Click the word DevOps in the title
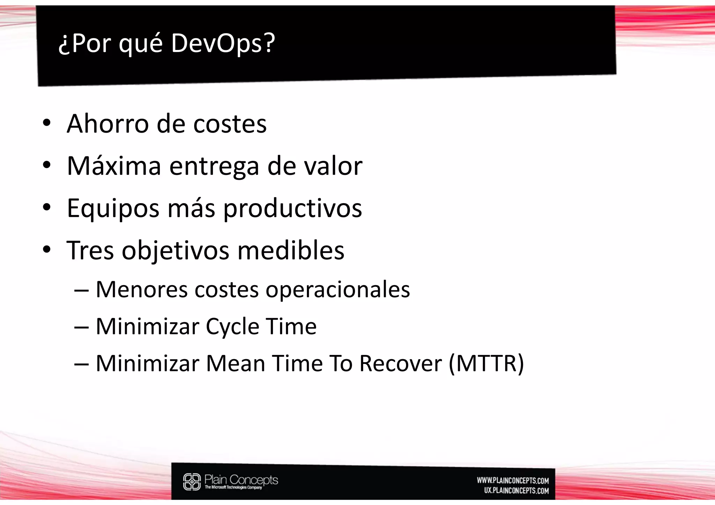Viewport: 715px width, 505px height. point(216,44)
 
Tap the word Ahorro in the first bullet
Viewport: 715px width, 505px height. point(108,124)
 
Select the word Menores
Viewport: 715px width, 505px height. point(141,289)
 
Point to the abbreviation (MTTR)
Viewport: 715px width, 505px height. point(486,364)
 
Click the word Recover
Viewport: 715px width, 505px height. point(400,364)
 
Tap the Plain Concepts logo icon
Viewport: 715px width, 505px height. point(192,482)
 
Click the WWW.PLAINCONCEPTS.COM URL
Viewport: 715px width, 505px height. point(513,481)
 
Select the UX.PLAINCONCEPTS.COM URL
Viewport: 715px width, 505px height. point(516,491)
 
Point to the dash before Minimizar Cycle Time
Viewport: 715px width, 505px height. point(81,327)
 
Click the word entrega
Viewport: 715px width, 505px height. point(214,166)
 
